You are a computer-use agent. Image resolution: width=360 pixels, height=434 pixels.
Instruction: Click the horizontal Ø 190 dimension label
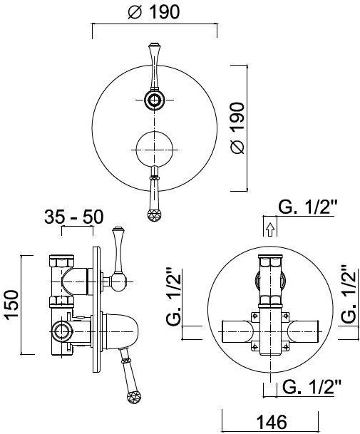point(154,12)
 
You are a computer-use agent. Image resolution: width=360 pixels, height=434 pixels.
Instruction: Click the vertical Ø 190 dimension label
point(237,128)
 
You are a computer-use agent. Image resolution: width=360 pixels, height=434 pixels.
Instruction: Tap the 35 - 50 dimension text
point(74,217)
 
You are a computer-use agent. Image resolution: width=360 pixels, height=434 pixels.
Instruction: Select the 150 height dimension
point(12,305)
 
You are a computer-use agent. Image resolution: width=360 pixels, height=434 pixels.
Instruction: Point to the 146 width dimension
point(272,423)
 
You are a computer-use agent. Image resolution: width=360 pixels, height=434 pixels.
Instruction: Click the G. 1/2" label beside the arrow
point(307,207)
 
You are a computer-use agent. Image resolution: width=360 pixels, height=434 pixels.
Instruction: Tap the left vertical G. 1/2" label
point(174,296)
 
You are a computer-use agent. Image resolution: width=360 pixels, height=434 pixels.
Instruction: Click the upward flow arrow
point(270,229)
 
